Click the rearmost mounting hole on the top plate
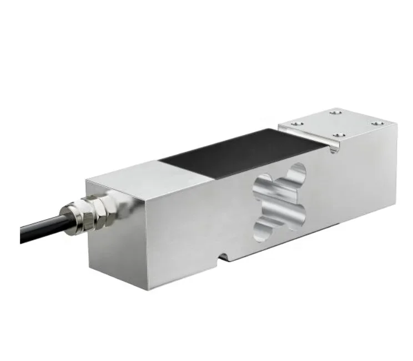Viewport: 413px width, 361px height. (x=335, y=113)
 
